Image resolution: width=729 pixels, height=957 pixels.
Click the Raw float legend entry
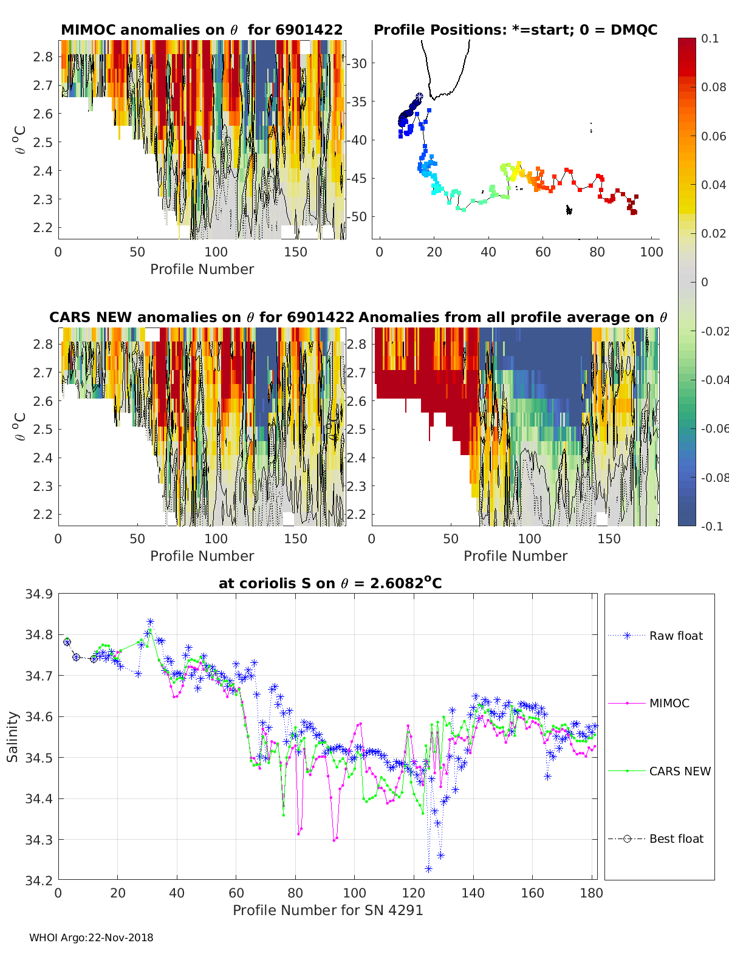click(676, 636)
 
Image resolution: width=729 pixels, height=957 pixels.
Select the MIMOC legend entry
click(669, 703)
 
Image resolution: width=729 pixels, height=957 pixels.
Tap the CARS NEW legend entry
click(679, 771)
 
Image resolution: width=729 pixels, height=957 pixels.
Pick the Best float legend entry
click(676, 839)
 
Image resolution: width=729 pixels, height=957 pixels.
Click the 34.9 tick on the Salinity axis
click(38, 594)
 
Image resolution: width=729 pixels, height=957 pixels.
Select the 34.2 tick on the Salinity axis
click(38, 879)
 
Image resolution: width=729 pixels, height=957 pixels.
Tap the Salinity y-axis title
click(13, 736)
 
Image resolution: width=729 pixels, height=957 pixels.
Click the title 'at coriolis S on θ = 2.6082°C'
click(330, 583)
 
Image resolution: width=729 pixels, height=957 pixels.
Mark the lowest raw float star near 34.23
click(428, 869)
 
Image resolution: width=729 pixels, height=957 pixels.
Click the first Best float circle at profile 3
click(67, 642)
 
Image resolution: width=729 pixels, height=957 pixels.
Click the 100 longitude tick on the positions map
click(651, 252)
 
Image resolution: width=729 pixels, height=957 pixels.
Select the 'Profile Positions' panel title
click(515, 30)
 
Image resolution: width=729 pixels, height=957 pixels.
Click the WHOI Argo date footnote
click(91, 938)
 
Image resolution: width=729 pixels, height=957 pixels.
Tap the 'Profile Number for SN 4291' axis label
click(327, 910)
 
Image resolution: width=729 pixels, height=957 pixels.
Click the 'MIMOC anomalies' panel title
click(202, 30)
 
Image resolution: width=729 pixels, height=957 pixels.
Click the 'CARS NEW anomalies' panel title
click(202, 317)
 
